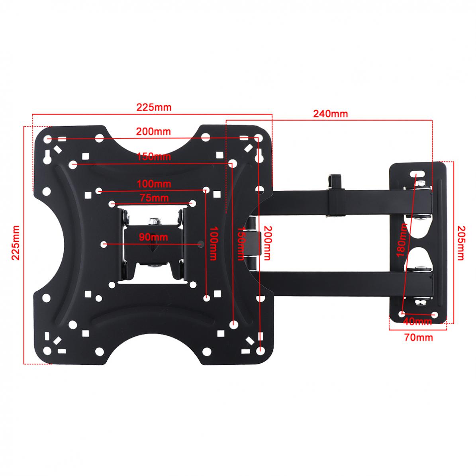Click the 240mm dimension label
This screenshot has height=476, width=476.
(x=330, y=114)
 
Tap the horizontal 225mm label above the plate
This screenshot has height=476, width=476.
(x=154, y=107)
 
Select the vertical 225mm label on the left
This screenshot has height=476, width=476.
(x=16, y=243)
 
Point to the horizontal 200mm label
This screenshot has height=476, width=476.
(x=153, y=131)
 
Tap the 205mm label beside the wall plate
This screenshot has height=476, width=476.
(x=460, y=243)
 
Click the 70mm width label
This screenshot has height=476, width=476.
(x=418, y=337)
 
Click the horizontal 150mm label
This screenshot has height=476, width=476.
(x=154, y=157)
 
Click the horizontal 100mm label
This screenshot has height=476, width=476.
(x=154, y=184)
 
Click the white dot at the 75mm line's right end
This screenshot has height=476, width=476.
(x=193, y=204)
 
